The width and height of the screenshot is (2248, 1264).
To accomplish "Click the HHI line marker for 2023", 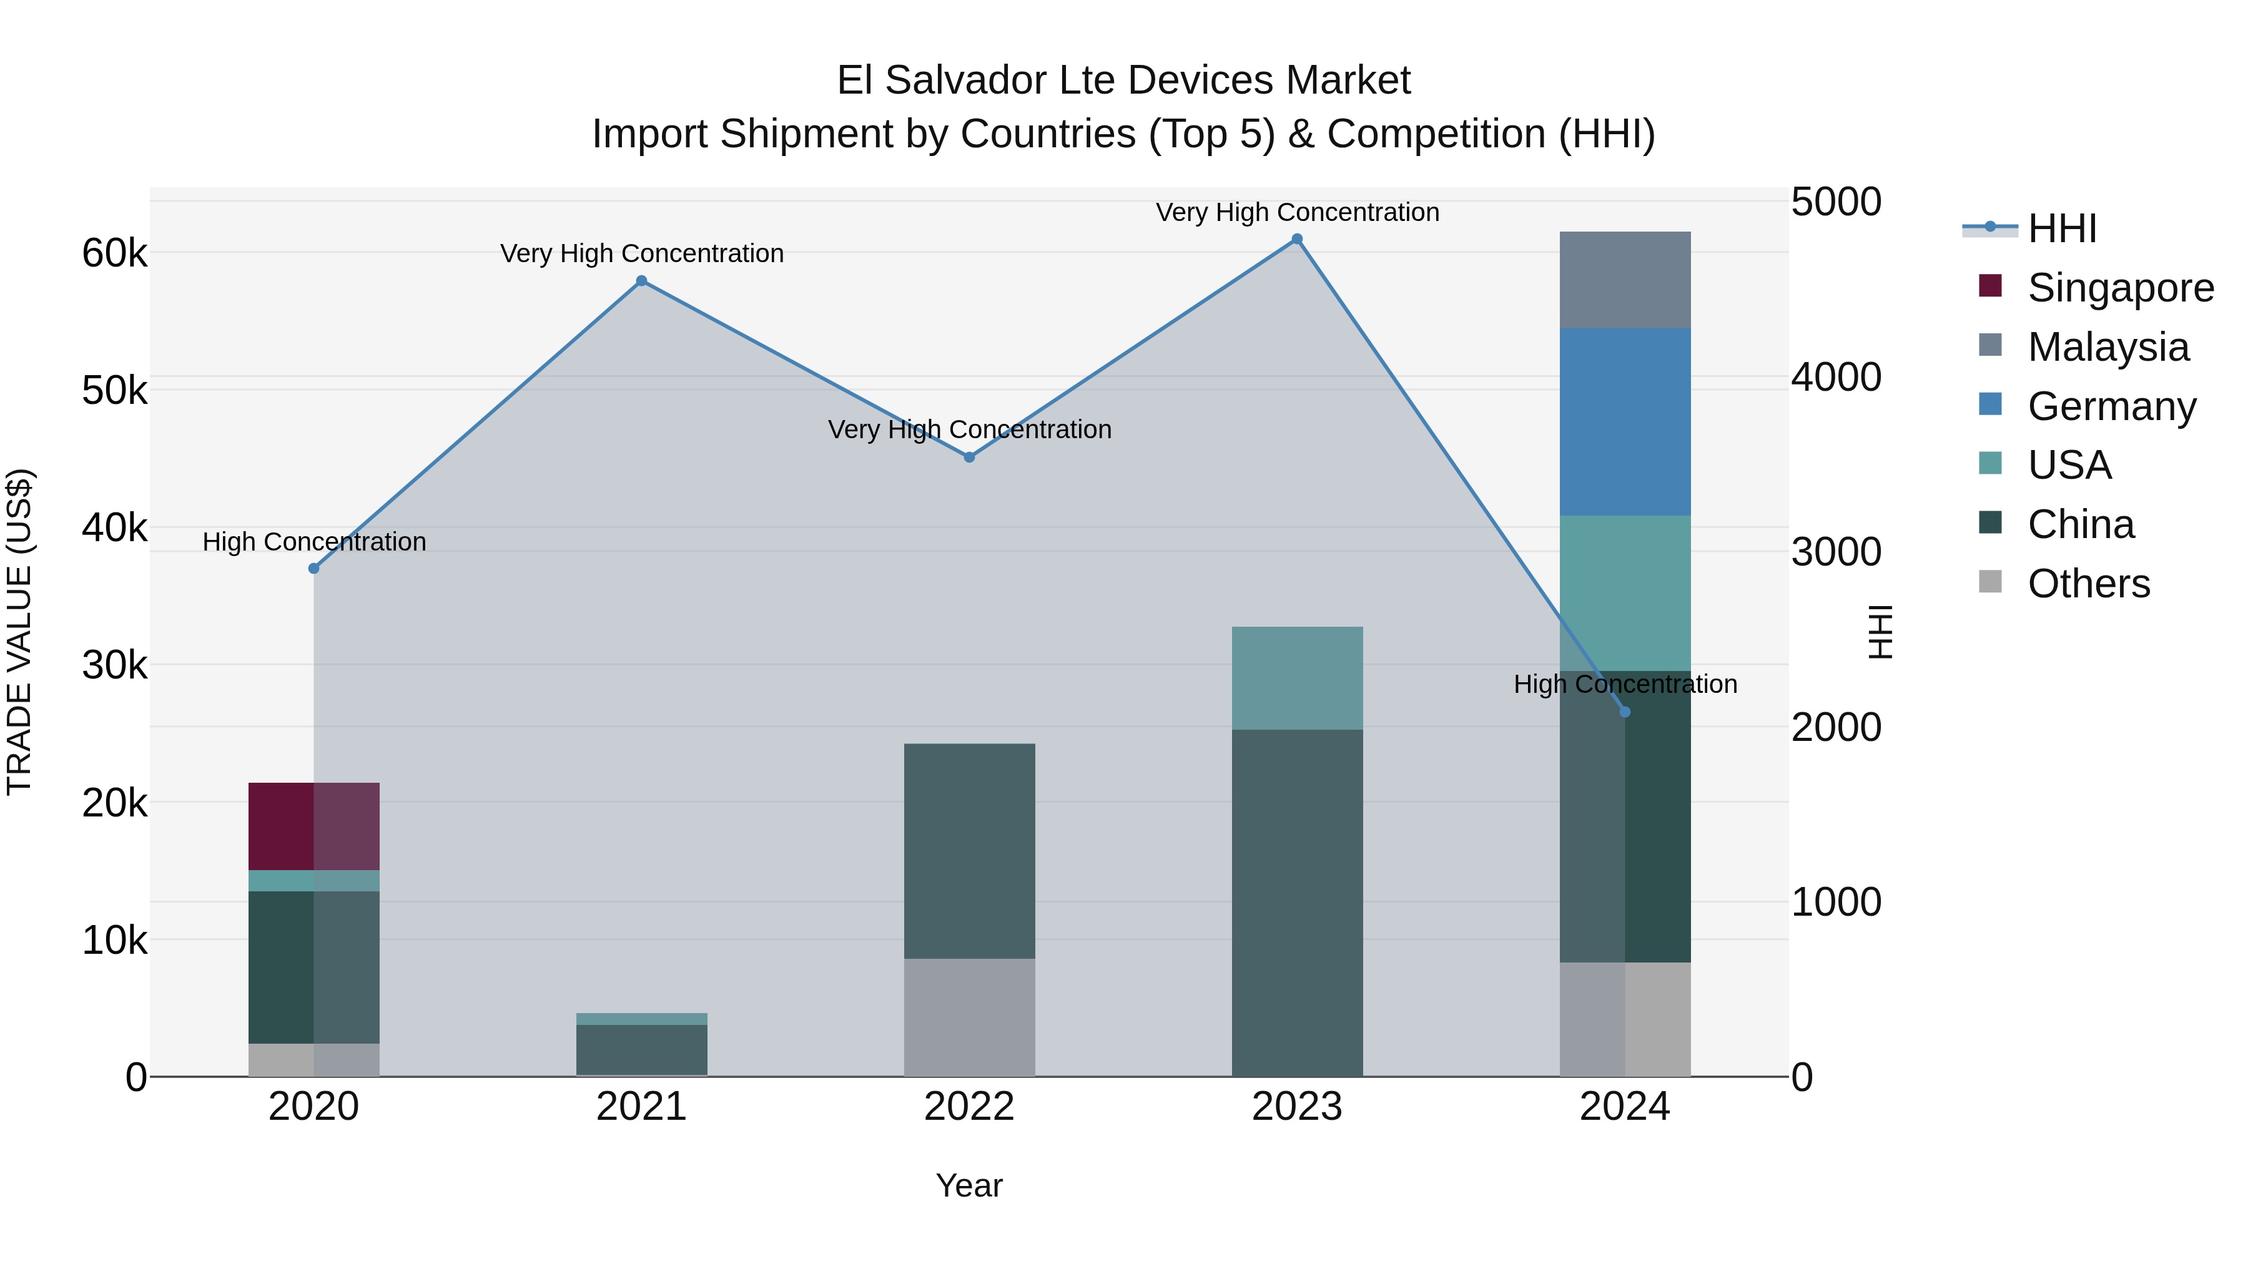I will pyautogui.click(x=1297, y=239).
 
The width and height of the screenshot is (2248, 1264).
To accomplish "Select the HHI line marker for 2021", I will pyautogui.click(x=641, y=281).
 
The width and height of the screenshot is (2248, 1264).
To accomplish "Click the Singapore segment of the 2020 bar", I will pyautogui.click(x=314, y=826).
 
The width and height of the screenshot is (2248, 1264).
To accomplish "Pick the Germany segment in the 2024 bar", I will pyautogui.click(x=1625, y=422).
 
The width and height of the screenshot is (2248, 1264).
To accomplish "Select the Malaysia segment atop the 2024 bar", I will pyautogui.click(x=1625, y=280).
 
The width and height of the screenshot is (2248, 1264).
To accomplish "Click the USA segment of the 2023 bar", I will pyautogui.click(x=1297, y=678).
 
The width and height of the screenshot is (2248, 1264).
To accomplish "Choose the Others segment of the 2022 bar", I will pyautogui.click(x=970, y=1017).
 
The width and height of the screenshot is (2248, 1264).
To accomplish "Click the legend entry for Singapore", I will pyautogui.click(x=2121, y=288).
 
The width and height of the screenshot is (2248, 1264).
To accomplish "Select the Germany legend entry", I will pyautogui.click(x=2111, y=406).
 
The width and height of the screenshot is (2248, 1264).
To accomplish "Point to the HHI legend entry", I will pyautogui.click(x=2061, y=228).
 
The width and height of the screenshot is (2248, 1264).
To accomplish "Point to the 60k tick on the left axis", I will pyautogui.click(x=114, y=254).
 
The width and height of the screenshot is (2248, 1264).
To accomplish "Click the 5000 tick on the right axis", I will pyautogui.click(x=1836, y=202).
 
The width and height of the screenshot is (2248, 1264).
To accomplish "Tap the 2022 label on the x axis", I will pyautogui.click(x=970, y=1107).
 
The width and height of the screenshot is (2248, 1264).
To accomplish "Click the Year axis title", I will pyautogui.click(x=970, y=1185).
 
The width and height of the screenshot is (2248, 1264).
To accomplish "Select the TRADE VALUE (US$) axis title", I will pyautogui.click(x=19, y=632).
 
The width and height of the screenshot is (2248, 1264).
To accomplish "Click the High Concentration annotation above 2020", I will pyautogui.click(x=314, y=542).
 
